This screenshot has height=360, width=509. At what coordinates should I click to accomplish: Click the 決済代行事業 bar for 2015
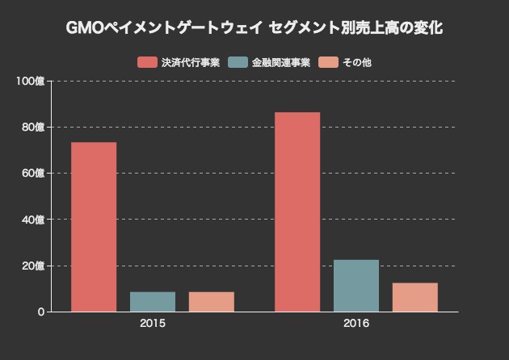coord(94,227)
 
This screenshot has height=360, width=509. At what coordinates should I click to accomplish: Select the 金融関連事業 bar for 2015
coord(153,301)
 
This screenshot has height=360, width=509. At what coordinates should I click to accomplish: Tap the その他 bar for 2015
coord(212,301)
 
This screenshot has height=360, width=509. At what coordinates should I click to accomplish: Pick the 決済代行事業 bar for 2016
coord(297,211)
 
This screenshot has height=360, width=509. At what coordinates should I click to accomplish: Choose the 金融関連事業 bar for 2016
coord(356,285)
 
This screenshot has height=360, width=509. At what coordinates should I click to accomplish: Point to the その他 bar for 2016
coord(415,296)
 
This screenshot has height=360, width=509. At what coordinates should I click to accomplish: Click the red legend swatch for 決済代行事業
coord(146,62)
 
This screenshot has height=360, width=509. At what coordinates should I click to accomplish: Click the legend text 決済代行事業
coord(190,62)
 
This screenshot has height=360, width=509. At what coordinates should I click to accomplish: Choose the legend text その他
coord(356,62)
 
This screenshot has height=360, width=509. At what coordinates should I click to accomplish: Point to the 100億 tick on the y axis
coord(32,81)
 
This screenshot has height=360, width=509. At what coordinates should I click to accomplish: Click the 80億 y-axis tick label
coord(34,127)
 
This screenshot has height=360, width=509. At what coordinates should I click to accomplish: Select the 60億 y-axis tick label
coord(34,173)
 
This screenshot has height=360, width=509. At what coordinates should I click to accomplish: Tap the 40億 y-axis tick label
coord(34,220)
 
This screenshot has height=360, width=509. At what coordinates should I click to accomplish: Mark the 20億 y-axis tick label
coord(34,266)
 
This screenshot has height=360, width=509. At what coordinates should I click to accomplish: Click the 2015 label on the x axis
coord(153,324)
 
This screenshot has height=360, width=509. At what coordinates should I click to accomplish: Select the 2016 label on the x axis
coord(356,324)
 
